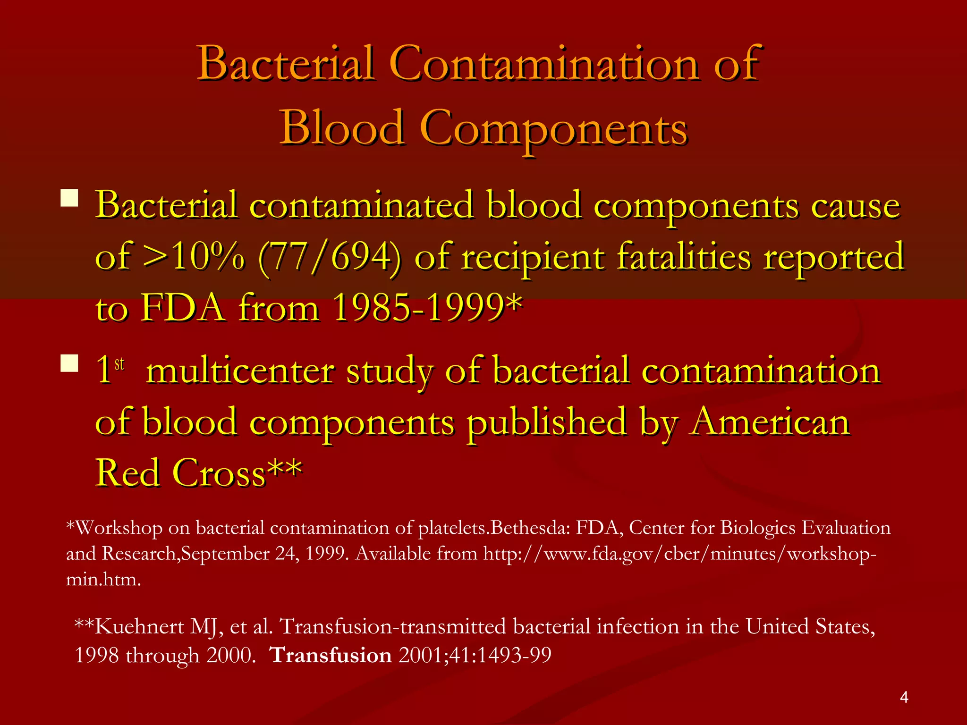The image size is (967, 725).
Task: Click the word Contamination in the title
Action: pyautogui.click(x=545, y=64)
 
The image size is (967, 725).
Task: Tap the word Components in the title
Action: pyautogui.click(x=553, y=128)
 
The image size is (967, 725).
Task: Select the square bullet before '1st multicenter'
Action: pyautogui.click(x=69, y=363)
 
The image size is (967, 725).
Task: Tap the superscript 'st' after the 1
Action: pyautogui.click(x=119, y=364)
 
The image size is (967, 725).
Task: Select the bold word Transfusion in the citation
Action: pyautogui.click(x=331, y=655)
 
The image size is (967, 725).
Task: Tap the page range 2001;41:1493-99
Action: pyautogui.click(x=475, y=655)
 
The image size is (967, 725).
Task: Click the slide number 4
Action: pyautogui.click(x=904, y=697)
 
